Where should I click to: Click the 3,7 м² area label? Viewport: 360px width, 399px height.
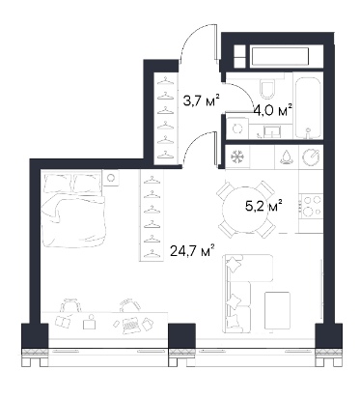pos(201,100)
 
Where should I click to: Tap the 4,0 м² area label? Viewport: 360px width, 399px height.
pos(273,111)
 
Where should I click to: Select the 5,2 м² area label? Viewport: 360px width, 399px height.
pos(263,206)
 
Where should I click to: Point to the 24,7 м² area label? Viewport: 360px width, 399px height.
pos(192,251)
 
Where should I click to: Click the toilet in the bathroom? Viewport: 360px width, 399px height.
pos(267,88)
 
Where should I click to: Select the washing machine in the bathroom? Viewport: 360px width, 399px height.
pos(237,128)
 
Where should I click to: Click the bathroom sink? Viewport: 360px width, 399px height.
pos(272,131)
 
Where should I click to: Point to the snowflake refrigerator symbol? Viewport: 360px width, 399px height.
pos(237,157)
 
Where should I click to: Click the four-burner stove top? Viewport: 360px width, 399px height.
pos(311,205)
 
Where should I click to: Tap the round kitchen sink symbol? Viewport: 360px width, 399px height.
pos(311,157)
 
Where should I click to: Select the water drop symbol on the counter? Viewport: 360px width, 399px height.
pos(287,157)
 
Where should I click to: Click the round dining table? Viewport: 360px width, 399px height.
pos(246,211)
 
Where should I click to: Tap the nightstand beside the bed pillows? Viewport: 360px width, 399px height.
pos(111,178)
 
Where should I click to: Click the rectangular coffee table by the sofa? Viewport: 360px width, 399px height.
pos(277,313)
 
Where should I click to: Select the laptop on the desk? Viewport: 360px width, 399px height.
pos(131,326)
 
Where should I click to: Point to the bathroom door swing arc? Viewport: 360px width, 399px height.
pos(241,94)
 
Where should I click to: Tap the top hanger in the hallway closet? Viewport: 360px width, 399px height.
pos(165,79)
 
